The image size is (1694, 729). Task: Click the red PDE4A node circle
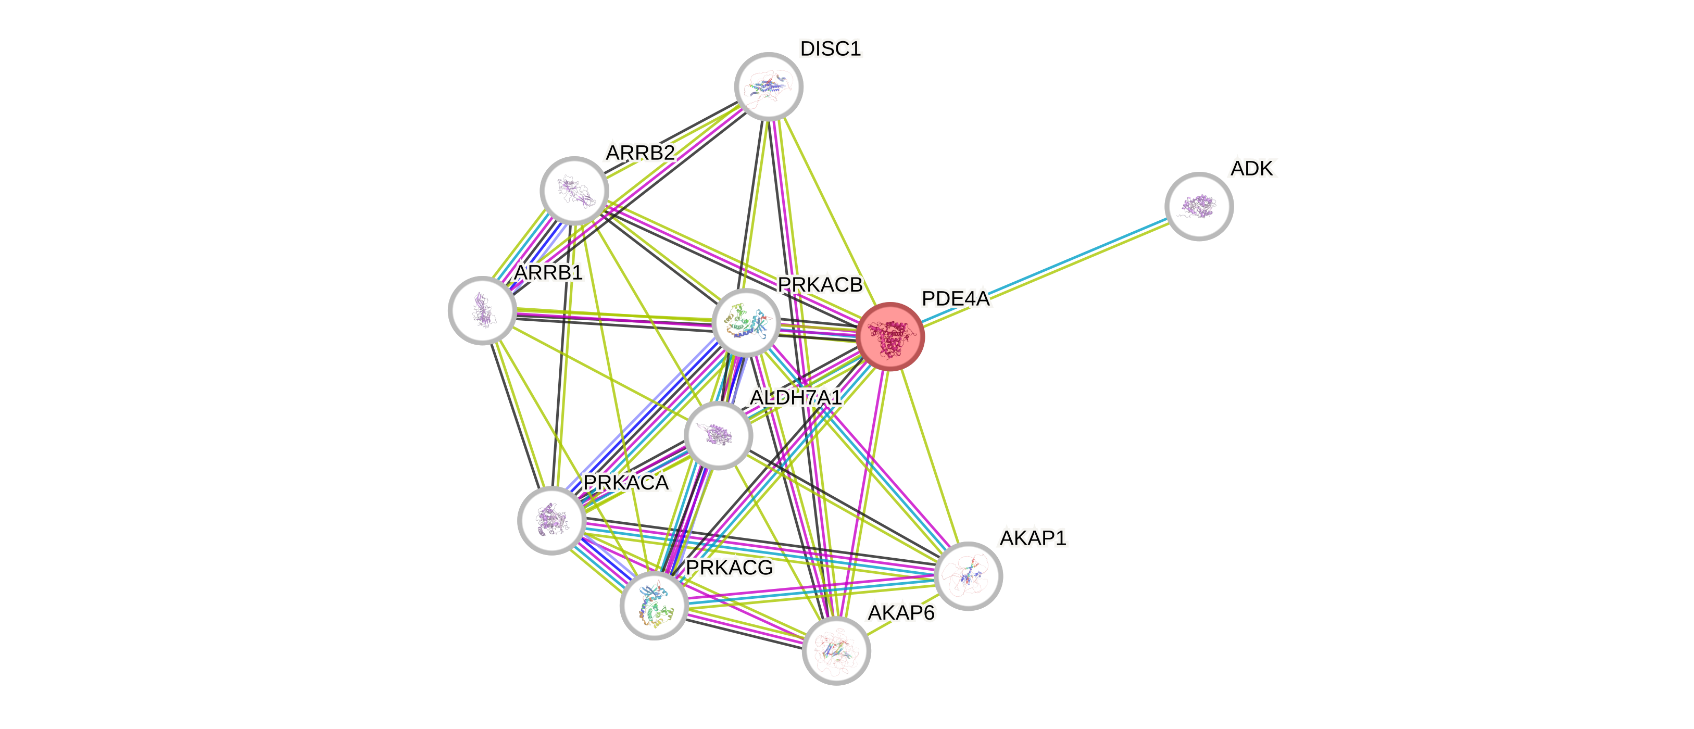(890, 336)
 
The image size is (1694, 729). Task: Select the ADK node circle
(1199, 206)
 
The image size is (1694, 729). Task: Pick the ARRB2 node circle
(574, 191)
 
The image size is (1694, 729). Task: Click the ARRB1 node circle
(482, 310)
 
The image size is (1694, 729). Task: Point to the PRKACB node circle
(746, 322)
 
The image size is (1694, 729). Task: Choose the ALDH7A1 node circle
(718, 435)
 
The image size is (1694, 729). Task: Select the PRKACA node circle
(551, 521)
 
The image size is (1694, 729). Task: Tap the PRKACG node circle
(654, 605)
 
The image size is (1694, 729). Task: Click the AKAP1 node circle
(968, 576)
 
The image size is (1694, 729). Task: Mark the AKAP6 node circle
(836, 650)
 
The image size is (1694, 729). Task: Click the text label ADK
(1253, 169)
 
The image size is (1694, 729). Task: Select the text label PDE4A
(956, 299)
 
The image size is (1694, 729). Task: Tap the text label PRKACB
(819, 285)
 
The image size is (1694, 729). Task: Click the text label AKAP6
(901, 613)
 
